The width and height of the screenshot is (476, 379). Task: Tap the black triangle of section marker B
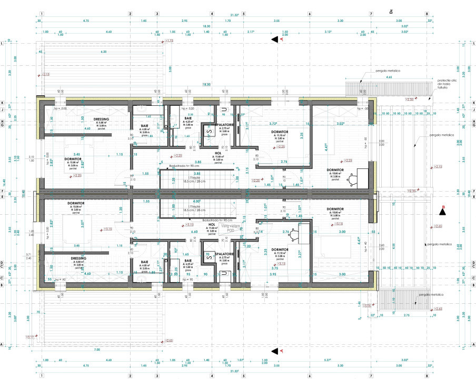pos(443,212)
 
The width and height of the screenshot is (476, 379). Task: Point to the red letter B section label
pos(443,206)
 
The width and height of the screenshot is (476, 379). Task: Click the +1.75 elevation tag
pos(169,41)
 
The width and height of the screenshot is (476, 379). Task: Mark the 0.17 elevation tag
pos(30,336)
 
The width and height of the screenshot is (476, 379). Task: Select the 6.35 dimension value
pos(104,52)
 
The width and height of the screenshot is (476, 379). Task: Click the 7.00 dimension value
pos(97,350)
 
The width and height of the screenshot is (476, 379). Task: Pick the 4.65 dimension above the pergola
pos(389,77)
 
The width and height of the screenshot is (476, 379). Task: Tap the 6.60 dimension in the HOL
pos(194,232)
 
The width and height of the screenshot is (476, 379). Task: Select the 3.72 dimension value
pos(273,123)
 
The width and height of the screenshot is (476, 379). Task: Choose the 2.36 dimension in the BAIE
pos(191,114)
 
